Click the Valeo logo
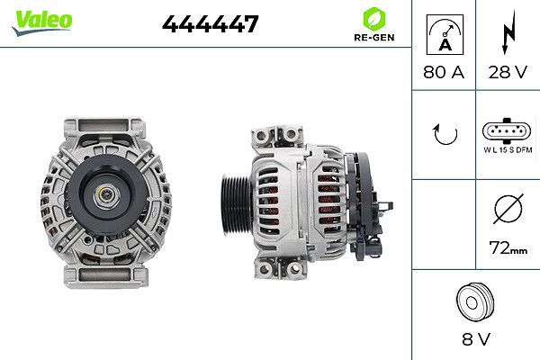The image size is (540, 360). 42,22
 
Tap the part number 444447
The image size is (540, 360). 210,23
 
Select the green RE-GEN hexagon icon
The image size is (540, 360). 373,19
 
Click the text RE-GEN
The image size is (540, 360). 374,37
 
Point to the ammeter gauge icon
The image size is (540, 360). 445,34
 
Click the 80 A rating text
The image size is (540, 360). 444,72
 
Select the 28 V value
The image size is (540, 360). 508,72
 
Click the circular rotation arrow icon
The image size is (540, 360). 445,135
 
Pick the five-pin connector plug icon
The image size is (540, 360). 506,130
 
